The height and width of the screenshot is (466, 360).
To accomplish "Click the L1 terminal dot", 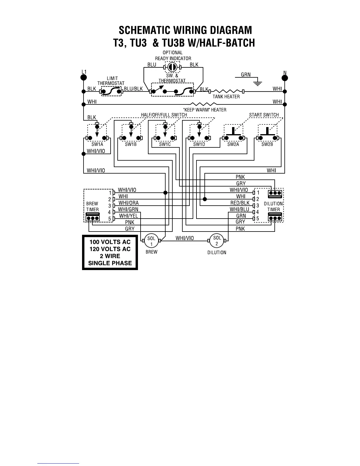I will [x=84, y=77].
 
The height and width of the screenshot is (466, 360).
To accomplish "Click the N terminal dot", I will [x=284, y=78].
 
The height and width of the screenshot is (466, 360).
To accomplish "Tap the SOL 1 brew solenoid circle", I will [x=151, y=241].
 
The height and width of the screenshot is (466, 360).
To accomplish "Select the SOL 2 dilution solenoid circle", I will [x=217, y=241].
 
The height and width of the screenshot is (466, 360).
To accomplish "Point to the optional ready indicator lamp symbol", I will [x=172, y=67].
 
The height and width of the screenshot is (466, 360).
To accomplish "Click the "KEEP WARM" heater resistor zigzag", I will [x=204, y=104].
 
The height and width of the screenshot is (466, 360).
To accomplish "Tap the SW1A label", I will [x=97, y=144].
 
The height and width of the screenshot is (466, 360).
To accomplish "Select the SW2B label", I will [x=267, y=144].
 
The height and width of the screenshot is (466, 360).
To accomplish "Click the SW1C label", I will [x=165, y=144].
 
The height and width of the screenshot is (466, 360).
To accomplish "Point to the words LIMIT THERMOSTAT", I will [x=111, y=81].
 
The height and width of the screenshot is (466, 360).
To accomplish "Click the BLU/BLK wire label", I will [x=133, y=89].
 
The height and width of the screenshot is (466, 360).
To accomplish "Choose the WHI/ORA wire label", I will [x=128, y=203].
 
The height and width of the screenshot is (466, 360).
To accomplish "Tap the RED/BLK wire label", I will [x=240, y=203].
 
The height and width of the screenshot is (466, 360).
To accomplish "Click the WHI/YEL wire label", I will [x=128, y=216].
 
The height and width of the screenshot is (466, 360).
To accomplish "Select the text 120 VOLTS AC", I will [x=110, y=249].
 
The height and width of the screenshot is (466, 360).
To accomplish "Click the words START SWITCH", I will [x=264, y=115].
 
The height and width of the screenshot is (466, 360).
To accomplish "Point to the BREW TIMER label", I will [x=92, y=207].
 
